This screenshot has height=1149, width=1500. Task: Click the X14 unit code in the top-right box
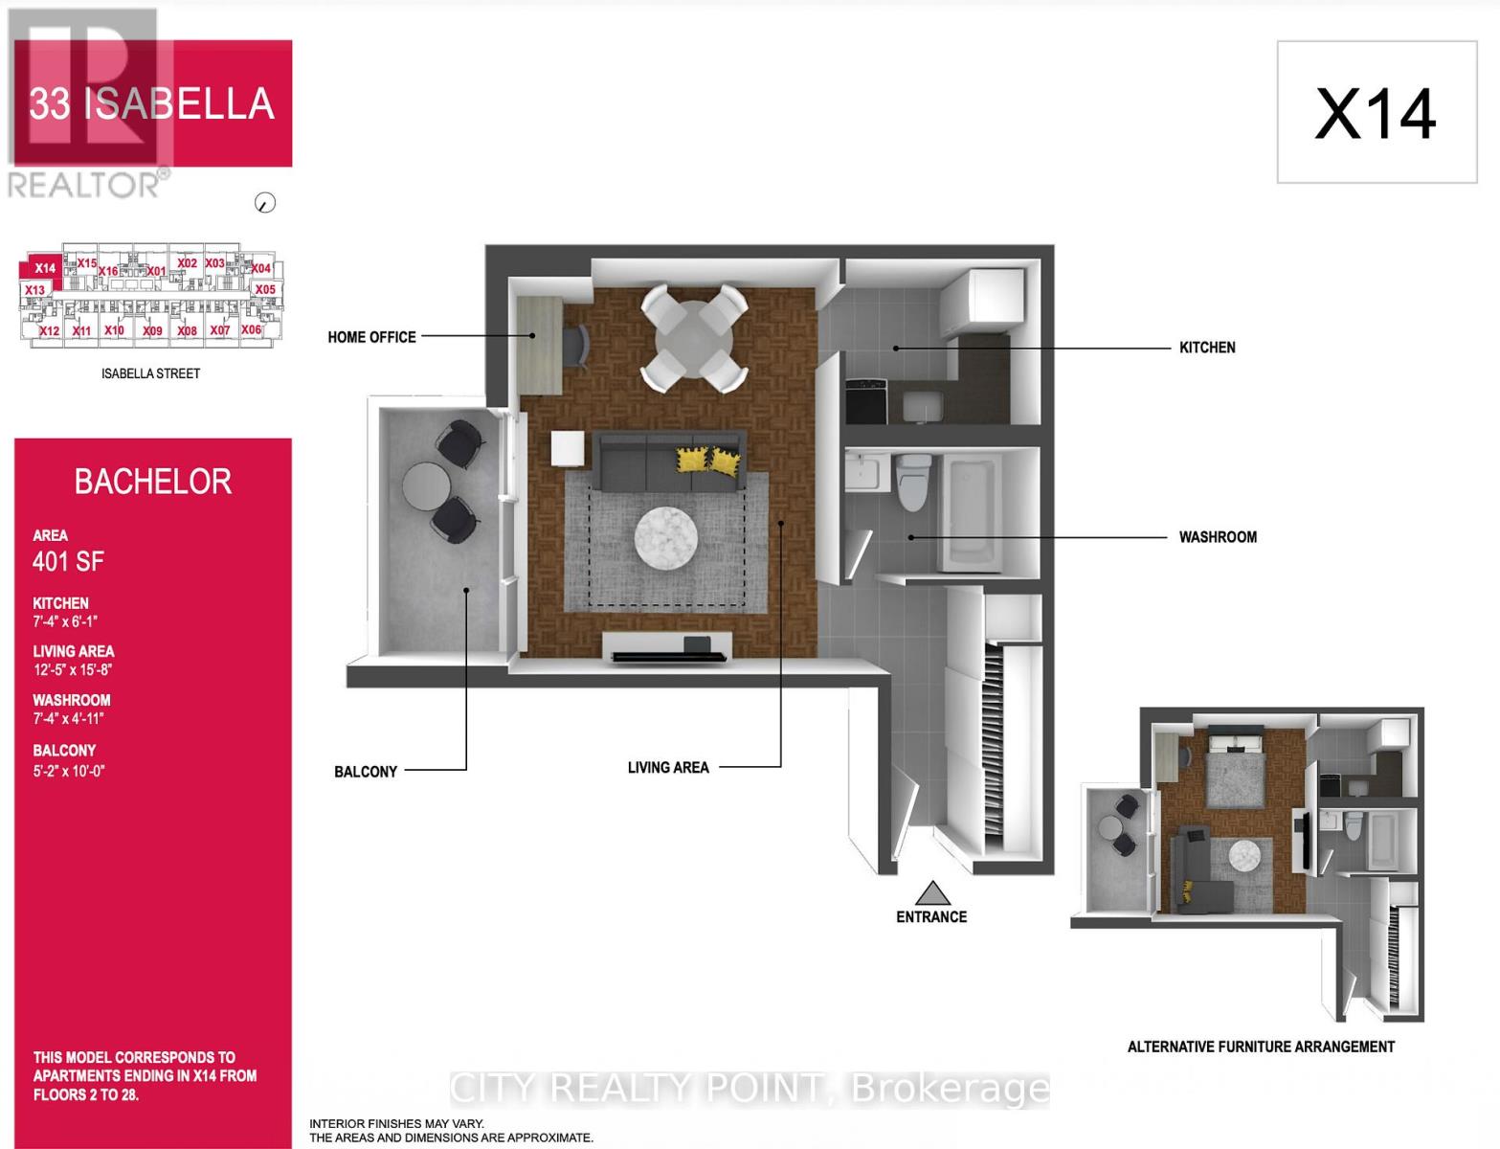click(1375, 114)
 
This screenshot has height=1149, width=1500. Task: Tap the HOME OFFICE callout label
click(371, 337)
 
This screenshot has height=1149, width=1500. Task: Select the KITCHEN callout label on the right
click(1206, 348)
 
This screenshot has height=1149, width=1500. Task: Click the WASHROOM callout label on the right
click(1217, 537)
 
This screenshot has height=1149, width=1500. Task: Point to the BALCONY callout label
click(365, 772)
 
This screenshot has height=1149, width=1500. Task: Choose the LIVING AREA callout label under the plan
click(667, 768)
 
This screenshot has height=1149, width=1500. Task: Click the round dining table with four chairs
click(693, 338)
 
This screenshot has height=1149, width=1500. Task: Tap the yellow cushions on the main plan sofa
click(708, 461)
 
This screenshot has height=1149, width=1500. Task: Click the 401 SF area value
click(68, 562)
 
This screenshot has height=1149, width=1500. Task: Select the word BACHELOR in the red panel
click(153, 482)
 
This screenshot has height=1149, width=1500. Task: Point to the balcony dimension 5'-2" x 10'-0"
click(68, 770)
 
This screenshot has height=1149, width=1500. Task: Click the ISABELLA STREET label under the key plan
click(150, 373)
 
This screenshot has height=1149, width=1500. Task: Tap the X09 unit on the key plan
click(151, 330)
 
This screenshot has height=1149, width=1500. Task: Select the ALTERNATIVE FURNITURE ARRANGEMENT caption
click(1260, 1047)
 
